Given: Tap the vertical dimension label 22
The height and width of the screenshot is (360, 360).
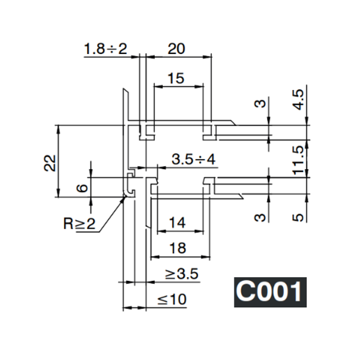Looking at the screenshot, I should [50, 162].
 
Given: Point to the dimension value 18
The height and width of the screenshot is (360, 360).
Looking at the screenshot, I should [179, 248].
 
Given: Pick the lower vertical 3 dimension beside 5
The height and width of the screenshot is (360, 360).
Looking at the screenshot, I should [260, 216].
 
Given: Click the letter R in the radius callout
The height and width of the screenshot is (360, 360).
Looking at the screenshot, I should [69, 225].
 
